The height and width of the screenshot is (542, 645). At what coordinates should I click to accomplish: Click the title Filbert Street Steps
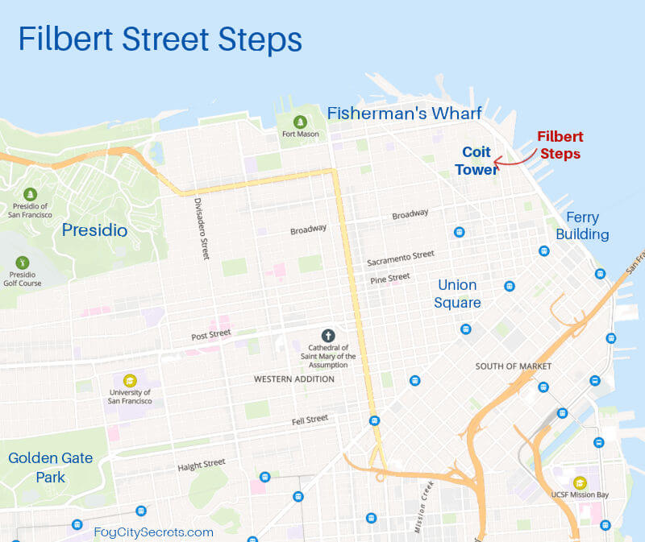pyautogui.click(x=160, y=39)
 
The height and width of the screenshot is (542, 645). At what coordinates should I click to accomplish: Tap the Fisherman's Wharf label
pyautogui.click(x=404, y=114)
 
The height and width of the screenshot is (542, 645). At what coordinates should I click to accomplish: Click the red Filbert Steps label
pyautogui.click(x=560, y=145)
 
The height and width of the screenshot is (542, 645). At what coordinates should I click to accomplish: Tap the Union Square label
pyautogui.click(x=459, y=294)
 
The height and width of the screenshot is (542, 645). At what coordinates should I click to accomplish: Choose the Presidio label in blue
pyautogui.click(x=95, y=230)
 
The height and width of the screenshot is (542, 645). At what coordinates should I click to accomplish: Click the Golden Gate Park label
pyautogui.click(x=50, y=467)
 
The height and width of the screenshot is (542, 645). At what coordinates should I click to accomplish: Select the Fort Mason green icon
pyautogui.click(x=300, y=122)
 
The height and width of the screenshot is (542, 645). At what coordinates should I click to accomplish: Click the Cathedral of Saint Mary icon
pyautogui.click(x=327, y=335)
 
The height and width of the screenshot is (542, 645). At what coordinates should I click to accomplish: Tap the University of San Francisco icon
pyautogui.click(x=129, y=381)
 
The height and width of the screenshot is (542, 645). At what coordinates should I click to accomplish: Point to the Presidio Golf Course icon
pyautogui.click(x=23, y=263)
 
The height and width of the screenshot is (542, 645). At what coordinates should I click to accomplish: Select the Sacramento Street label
pyautogui.click(x=400, y=259)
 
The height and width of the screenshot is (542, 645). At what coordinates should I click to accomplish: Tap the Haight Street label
pyautogui.click(x=202, y=465)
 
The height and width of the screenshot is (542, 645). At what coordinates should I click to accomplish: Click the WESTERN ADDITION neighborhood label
pyautogui.click(x=294, y=379)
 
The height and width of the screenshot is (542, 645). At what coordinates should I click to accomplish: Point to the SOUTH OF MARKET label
pyautogui.click(x=514, y=366)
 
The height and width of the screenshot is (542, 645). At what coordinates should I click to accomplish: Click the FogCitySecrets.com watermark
pyautogui.click(x=153, y=532)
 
